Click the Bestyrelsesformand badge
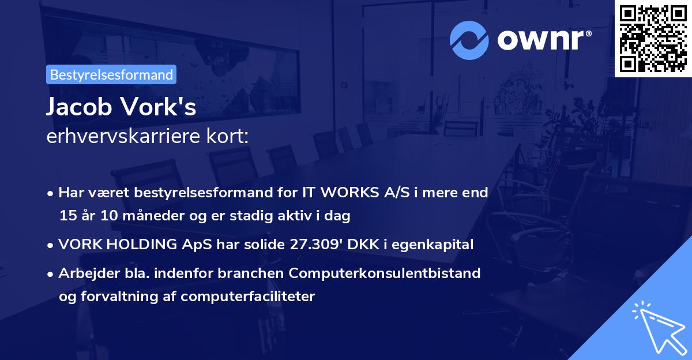pos(111,74)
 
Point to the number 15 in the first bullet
pos(66,216)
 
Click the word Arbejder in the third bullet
pos(85,273)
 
